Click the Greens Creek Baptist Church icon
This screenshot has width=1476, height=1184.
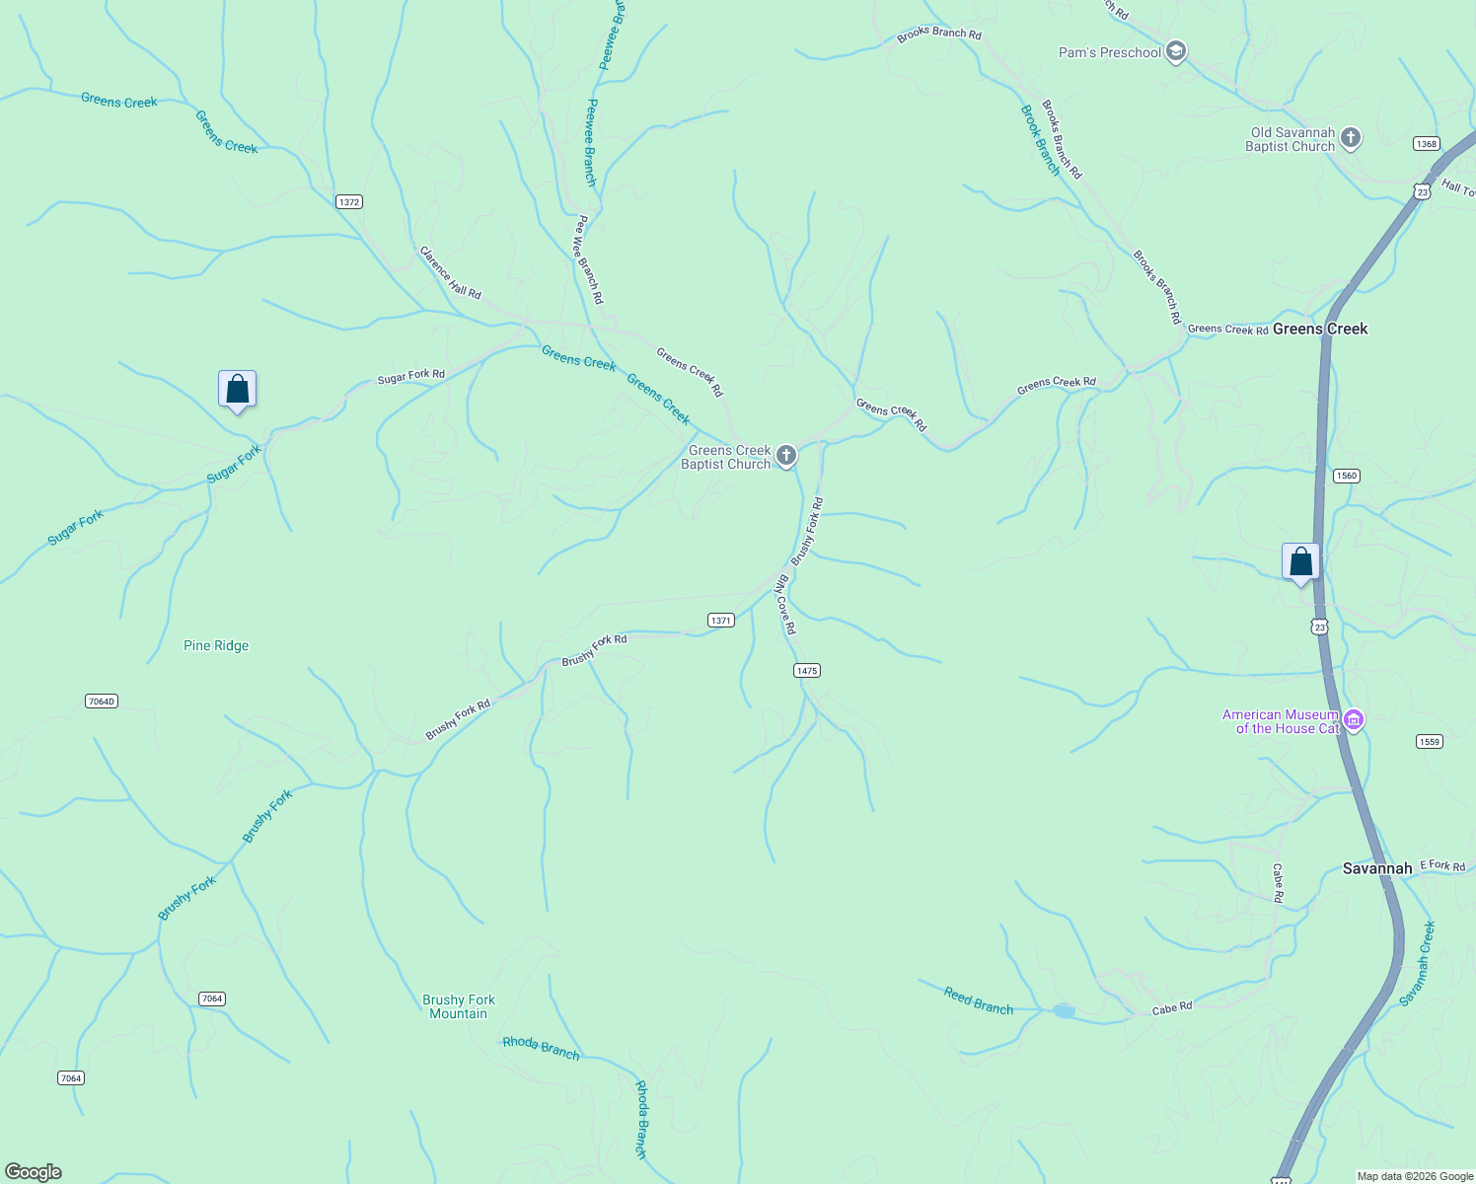[x=786, y=455]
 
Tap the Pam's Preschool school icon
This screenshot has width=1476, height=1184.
[x=1175, y=51]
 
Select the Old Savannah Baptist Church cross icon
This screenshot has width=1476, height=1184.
[x=1351, y=139]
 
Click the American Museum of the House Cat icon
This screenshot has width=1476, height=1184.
[x=1354, y=721]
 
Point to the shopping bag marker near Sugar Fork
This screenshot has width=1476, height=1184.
[x=237, y=390]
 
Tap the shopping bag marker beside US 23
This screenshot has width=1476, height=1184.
[x=1300, y=562]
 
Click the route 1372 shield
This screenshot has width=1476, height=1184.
[x=349, y=202]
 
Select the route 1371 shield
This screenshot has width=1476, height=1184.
[x=721, y=621]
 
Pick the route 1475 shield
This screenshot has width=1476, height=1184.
[x=807, y=671]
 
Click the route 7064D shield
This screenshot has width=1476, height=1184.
[x=102, y=702]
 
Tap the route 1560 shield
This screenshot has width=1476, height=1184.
[x=1347, y=476]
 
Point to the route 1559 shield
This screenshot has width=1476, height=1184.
[x=1430, y=742]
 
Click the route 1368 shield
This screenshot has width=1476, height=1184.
[x=1426, y=144]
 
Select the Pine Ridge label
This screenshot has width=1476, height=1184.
[x=216, y=646]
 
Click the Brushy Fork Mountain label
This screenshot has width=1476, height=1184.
[x=459, y=1006]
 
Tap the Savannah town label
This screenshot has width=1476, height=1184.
[x=1377, y=869]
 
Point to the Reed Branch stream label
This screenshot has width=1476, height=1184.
[x=979, y=1001]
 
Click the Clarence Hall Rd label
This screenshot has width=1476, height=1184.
[x=451, y=273]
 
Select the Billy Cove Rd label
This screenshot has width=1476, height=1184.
[x=785, y=604]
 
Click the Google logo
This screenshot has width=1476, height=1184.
[x=34, y=1172]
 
